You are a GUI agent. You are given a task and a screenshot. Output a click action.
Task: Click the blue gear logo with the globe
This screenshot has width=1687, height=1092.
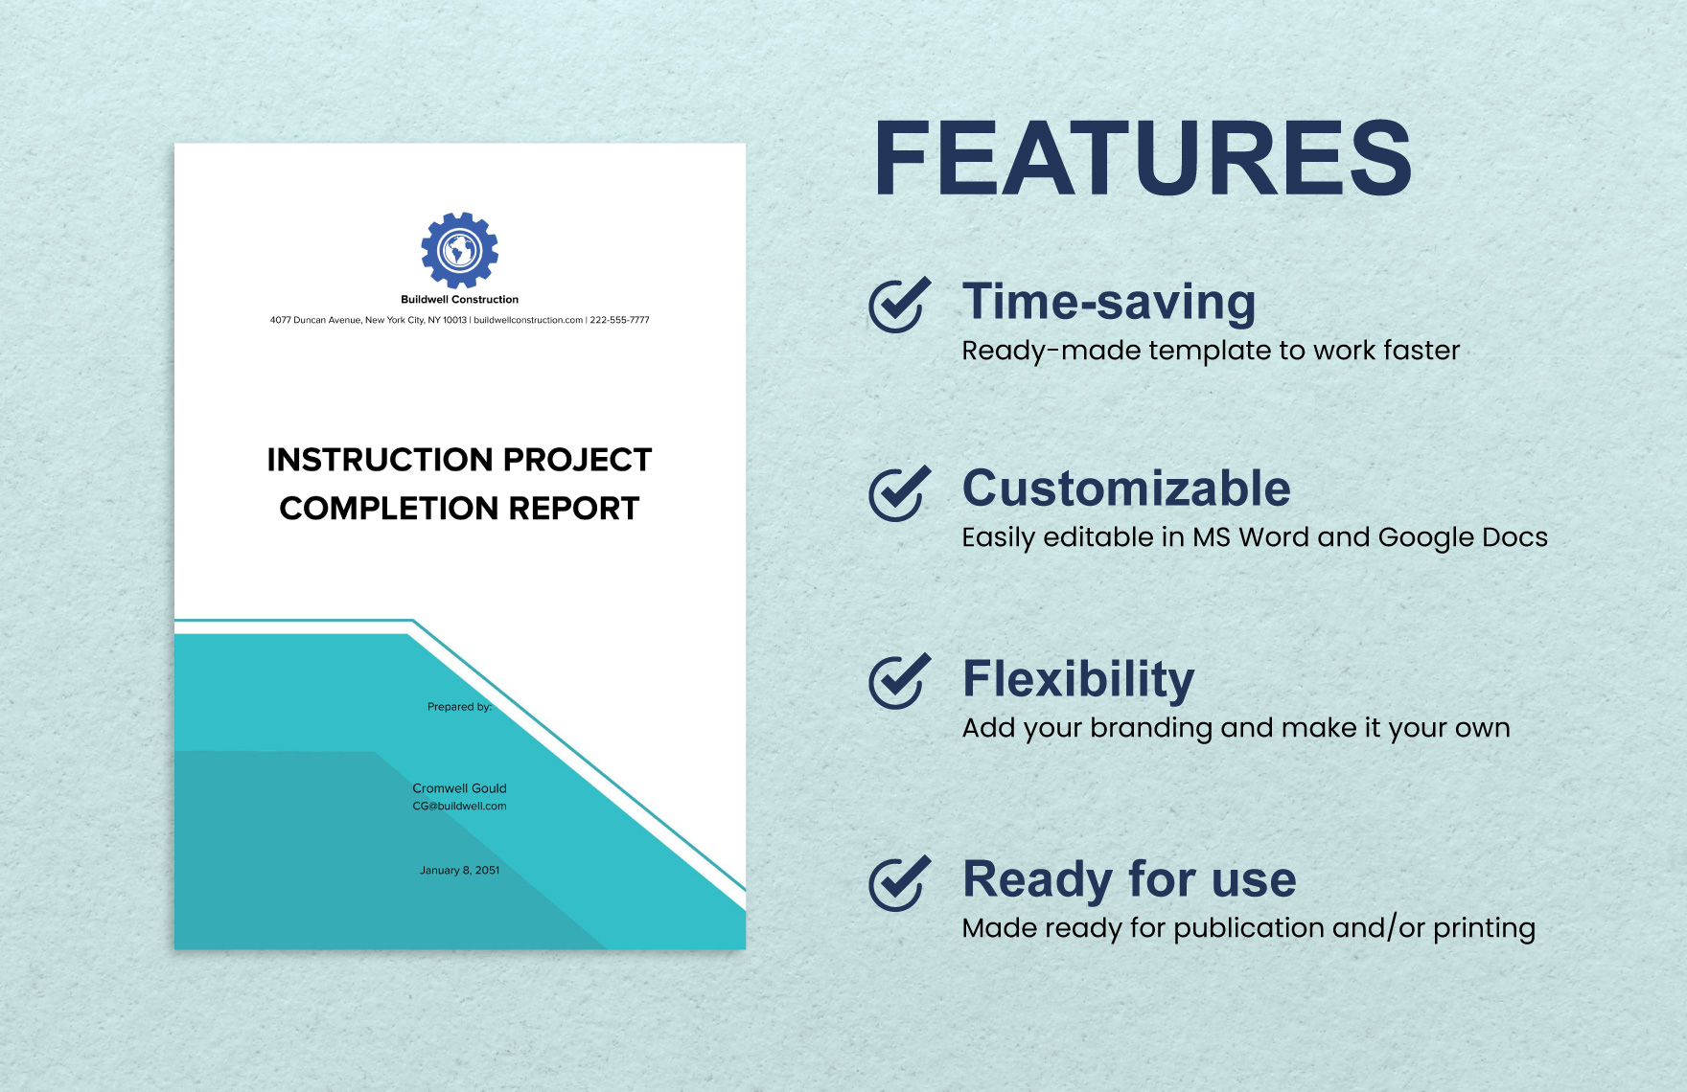459,250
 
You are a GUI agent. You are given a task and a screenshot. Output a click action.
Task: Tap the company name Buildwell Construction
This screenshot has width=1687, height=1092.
459,300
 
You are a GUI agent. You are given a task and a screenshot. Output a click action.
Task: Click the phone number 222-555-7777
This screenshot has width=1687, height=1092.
619,320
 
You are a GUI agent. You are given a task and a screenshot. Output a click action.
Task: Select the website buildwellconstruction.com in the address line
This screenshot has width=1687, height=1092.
528,320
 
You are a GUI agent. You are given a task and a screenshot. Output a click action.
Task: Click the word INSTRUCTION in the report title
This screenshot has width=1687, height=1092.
381,460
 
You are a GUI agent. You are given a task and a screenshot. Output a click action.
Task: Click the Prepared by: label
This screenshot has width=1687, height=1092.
459,707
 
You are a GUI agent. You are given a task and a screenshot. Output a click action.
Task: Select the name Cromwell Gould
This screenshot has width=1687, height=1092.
459,788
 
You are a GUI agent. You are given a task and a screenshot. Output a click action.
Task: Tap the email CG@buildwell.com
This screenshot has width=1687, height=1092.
459,807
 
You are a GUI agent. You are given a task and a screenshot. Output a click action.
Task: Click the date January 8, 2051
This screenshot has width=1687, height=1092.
459,871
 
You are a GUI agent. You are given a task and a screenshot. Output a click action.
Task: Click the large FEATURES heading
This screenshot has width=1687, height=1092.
1143,159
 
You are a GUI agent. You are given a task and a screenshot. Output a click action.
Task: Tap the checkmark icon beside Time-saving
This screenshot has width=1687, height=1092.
898,305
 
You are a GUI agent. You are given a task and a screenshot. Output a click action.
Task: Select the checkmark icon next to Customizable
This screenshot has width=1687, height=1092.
898,493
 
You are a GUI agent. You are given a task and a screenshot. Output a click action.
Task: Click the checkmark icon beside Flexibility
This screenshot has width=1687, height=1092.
898,681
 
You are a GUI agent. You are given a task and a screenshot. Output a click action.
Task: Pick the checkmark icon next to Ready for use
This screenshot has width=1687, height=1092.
898,882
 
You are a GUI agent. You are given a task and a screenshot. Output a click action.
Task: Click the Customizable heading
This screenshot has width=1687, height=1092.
1126,489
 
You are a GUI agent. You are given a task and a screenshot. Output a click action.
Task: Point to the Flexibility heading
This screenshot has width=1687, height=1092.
1078,678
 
